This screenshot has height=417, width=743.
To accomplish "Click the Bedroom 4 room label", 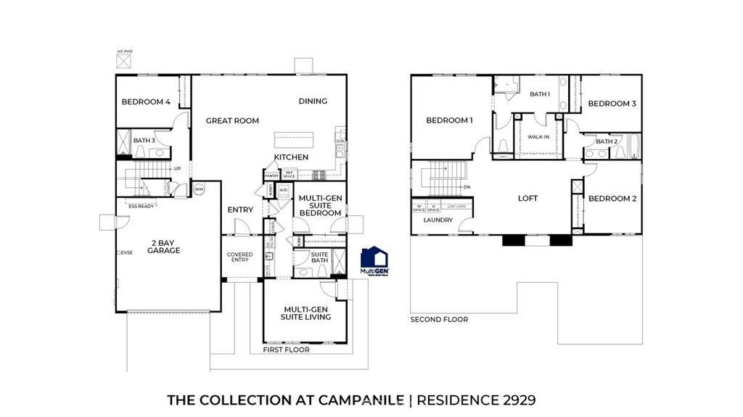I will click(146, 102).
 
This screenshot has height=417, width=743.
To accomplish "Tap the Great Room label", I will click(232, 121).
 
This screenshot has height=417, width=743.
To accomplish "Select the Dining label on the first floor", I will click(313, 102).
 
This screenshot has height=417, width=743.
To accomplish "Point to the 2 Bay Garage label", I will click(165, 246).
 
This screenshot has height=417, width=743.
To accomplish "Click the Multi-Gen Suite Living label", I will click(307, 313).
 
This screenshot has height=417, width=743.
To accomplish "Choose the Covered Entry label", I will click(239, 257).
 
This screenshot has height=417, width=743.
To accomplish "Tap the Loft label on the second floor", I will click(528, 198).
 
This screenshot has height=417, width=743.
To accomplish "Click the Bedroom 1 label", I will click(449, 120).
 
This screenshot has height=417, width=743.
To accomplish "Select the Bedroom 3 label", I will click(612, 104).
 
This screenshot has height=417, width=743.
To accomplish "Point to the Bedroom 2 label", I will click(612, 199).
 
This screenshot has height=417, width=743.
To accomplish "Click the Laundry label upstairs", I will click(438, 220).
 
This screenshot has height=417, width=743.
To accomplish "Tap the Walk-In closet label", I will click(538, 136).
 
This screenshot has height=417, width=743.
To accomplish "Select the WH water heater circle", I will click(198, 189).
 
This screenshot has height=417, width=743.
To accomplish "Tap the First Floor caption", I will click(287, 350).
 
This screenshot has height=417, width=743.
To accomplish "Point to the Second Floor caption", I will click(439, 319).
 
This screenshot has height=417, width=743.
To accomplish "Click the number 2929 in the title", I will click(515, 400).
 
